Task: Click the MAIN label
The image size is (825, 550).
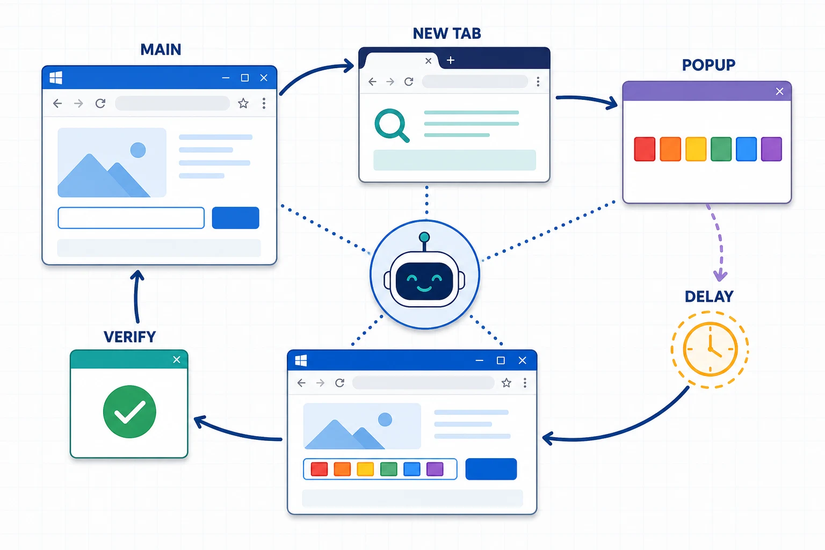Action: pyautogui.click(x=161, y=50)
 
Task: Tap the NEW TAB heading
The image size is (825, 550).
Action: pyautogui.click(x=447, y=33)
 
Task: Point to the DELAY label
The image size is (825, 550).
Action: pyautogui.click(x=709, y=296)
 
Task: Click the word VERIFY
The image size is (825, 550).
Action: pyautogui.click(x=129, y=337)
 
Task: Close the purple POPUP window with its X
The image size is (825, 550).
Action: pyautogui.click(x=779, y=91)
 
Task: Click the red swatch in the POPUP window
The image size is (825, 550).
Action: pyautogui.click(x=645, y=149)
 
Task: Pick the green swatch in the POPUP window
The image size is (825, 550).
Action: pyautogui.click(x=721, y=149)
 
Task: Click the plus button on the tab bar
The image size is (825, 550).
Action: pyautogui.click(x=451, y=60)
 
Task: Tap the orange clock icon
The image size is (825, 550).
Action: pyautogui.click(x=710, y=349)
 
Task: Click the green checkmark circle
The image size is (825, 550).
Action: pyautogui.click(x=129, y=411)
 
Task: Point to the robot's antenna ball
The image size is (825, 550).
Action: pyautogui.click(x=424, y=237)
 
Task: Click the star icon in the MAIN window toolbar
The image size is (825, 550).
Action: pyautogui.click(x=243, y=103)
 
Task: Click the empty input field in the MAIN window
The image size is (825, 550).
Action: pyautogui.click(x=131, y=218)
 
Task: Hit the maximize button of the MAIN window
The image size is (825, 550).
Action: pyautogui.click(x=244, y=78)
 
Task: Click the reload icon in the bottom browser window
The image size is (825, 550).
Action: pyautogui.click(x=339, y=383)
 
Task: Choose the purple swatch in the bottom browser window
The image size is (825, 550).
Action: pyautogui.click(x=435, y=469)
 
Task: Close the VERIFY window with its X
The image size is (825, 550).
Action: pyautogui.click(x=176, y=359)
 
